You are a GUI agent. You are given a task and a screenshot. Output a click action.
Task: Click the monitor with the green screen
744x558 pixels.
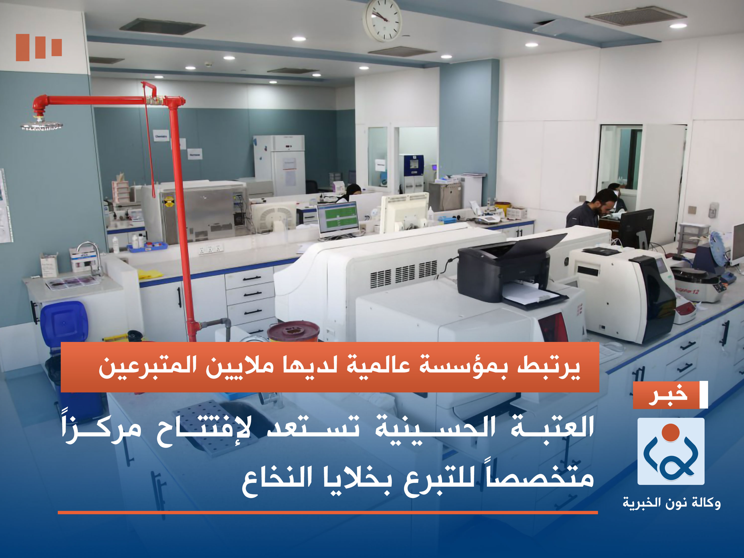[337, 217]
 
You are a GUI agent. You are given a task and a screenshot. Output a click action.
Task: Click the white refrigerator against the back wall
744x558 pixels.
[279, 165]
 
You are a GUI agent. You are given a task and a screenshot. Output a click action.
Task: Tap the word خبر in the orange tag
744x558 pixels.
[668, 395]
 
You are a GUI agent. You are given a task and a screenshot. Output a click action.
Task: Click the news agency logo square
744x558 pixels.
[671, 451]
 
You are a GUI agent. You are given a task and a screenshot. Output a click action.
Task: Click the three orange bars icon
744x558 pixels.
[39, 47]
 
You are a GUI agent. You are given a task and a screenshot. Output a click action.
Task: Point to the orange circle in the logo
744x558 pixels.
[671, 432]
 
